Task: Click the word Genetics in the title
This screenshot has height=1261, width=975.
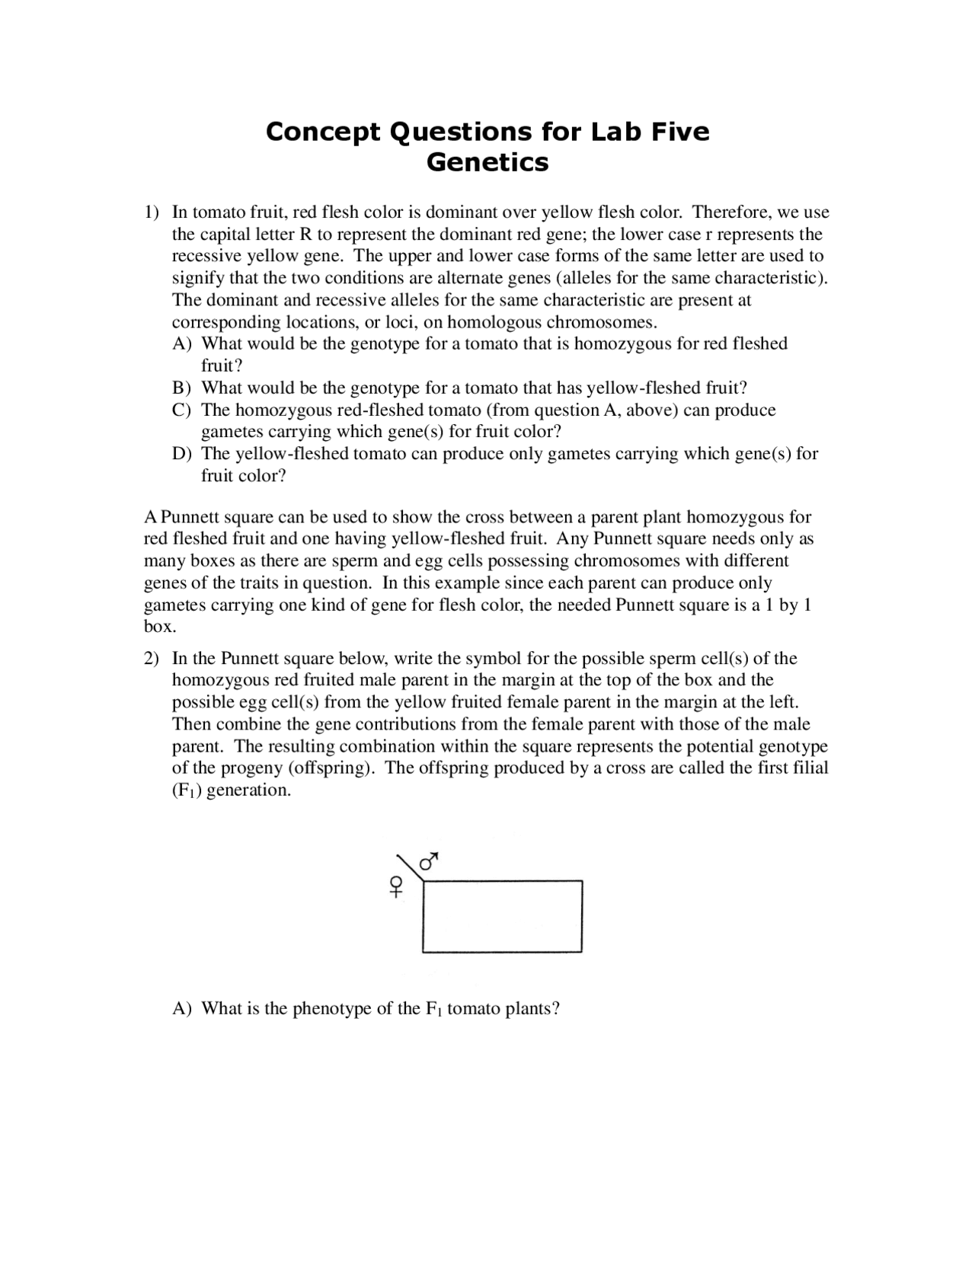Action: coord(487,162)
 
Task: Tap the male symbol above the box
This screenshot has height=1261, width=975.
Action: coord(430,860)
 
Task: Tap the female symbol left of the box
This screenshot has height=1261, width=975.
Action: coord(396,887)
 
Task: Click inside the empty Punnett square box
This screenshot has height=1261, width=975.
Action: coord(502,916)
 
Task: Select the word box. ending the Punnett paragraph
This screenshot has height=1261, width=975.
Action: coord(160,627)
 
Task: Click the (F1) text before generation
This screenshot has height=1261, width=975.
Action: coord(187,790)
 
